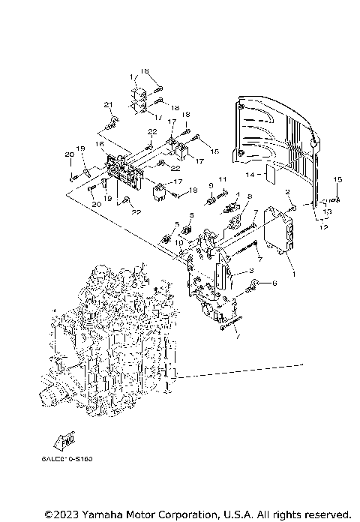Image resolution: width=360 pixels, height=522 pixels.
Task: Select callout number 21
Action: [107, 104]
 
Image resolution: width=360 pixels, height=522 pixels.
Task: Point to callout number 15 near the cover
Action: [337, 178]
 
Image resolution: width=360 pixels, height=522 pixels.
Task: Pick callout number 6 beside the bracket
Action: [274, 283]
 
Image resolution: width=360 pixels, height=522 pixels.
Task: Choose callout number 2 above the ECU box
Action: [287, 193]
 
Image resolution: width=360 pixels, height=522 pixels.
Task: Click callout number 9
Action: [211, 185]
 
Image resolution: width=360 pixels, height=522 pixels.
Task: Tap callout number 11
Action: [222, 181]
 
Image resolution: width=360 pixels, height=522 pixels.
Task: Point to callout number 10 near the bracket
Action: [179, 243]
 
